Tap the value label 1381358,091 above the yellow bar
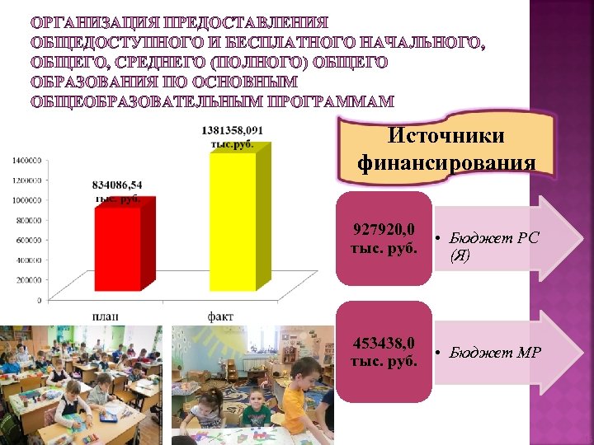(x=232, y=136)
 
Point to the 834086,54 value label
(x=117, y=191)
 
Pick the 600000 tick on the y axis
(x=27, y=240)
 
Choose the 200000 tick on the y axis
(x=27, y=280)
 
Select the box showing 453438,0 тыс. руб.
(x=384, y=352)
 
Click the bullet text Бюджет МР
(x=495, y=354)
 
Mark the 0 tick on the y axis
(x=39, y=300)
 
